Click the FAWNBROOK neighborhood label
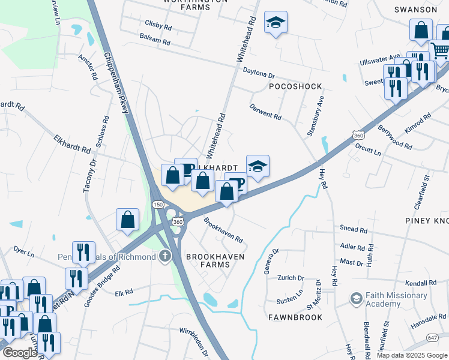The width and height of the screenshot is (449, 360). point(295,317)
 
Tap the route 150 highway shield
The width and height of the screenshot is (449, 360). point(158,205)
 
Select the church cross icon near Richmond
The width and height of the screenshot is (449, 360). point(164,257)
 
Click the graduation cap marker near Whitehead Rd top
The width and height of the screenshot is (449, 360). point(276,23)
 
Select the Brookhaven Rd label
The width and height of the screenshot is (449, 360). point(223,230)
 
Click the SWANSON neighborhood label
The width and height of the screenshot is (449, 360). point(415,10)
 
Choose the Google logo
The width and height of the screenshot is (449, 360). point(19,353)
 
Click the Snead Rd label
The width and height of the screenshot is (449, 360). point(354,229)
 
